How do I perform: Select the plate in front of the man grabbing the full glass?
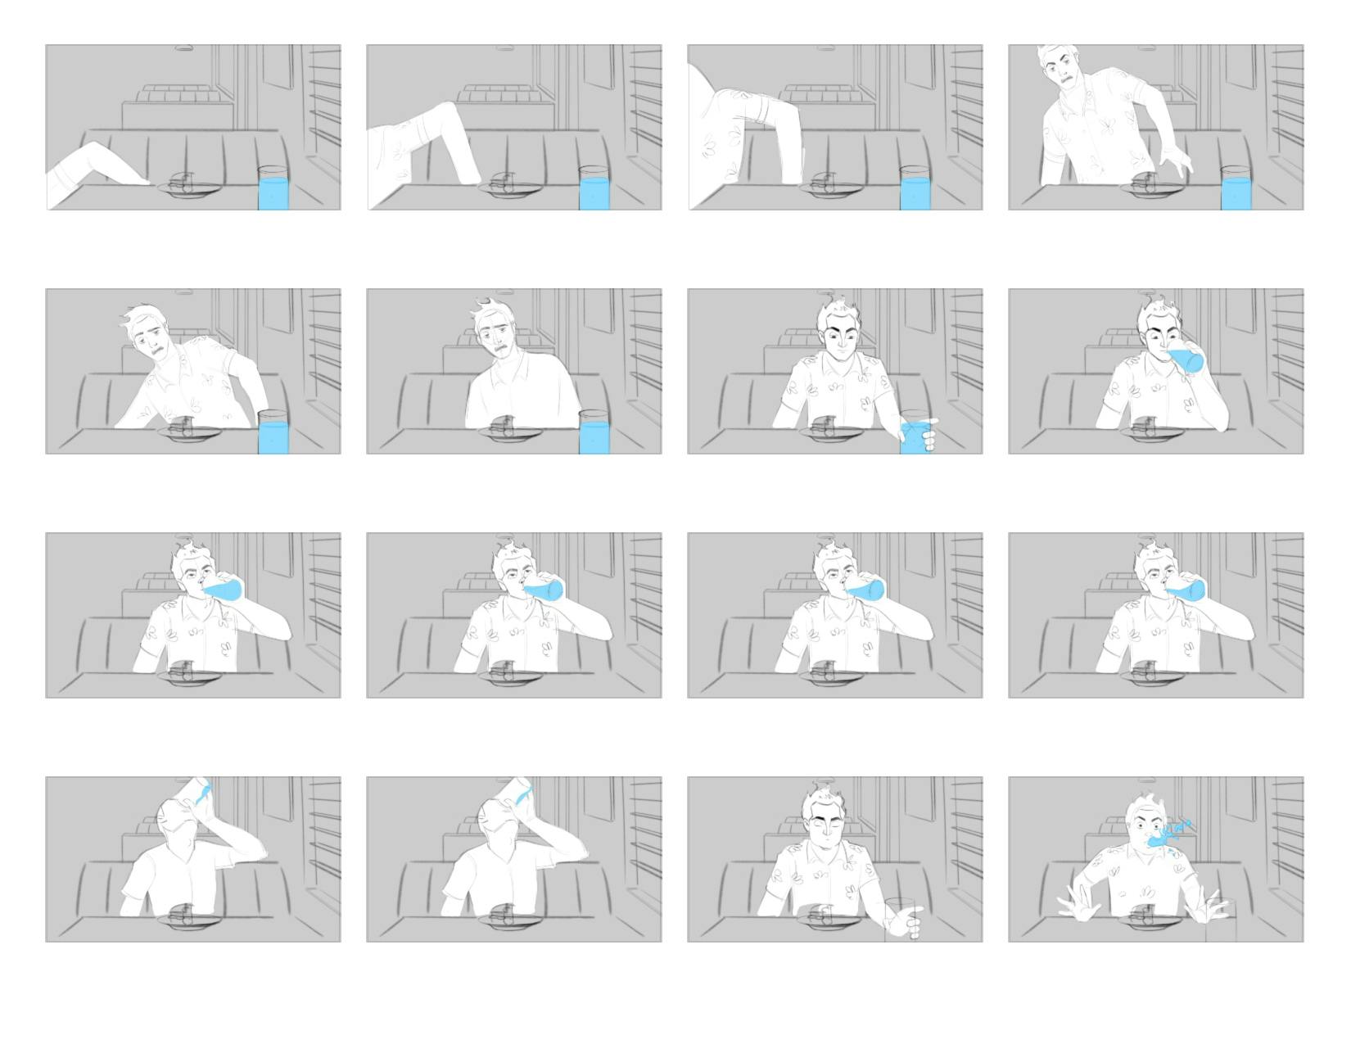835,433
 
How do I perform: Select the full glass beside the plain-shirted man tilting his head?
594,435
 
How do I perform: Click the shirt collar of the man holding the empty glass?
829,852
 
